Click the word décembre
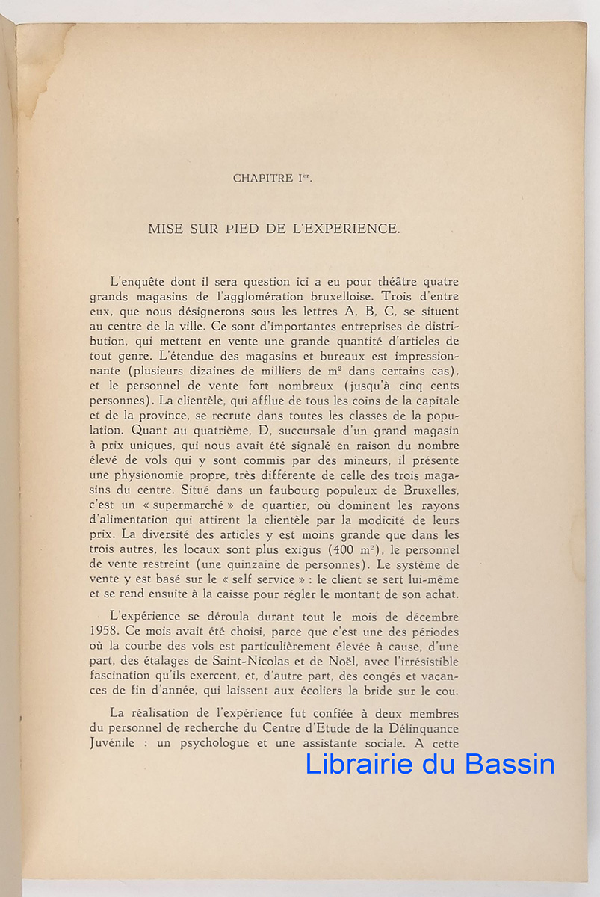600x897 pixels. point(424,617)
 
